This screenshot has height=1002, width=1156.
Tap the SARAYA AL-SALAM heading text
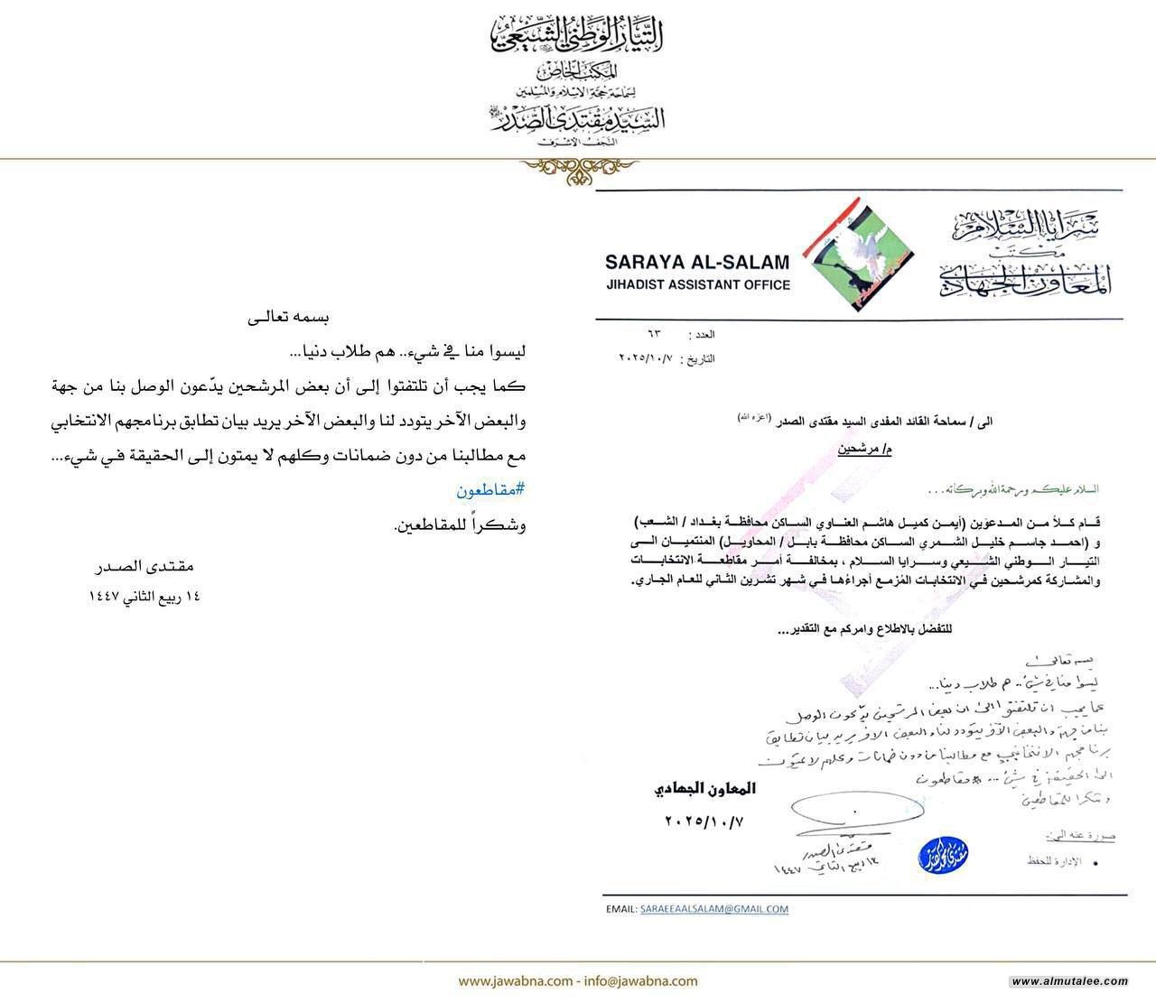point(697,263)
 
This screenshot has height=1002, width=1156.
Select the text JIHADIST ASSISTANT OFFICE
point(697,285)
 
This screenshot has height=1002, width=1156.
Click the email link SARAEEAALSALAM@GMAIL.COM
point(714,909)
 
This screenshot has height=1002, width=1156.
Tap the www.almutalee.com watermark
point(1070,981)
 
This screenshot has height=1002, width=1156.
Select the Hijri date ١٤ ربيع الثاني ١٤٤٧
point(144,596)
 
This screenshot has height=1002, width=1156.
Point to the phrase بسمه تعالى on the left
point(289,318)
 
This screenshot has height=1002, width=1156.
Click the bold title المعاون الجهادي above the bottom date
point(704,788)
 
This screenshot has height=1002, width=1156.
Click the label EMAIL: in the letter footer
point(620,909)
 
